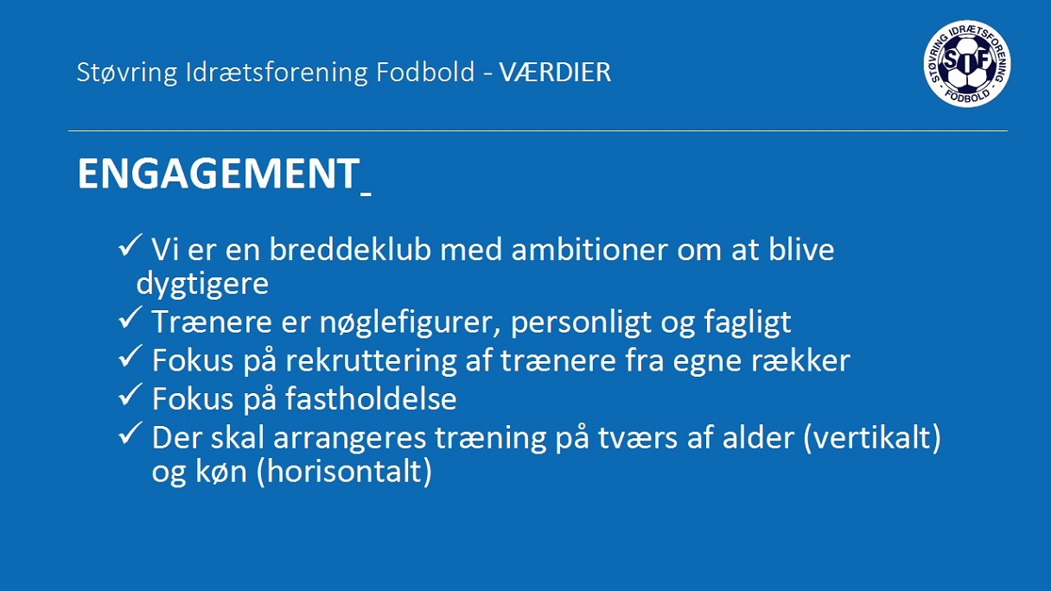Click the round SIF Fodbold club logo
(x=967, y=63)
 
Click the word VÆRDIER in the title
(x=555, y=73)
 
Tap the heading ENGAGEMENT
(x=219, y=173)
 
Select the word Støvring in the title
(x=127, y=73)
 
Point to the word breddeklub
(x=350, y=249)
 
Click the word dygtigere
(x=202, y=284)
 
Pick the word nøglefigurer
(x=409, y=322)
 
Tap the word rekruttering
(x=371, y=361)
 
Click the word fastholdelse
(x=371, y=398)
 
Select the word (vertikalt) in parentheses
(x=872, y=437)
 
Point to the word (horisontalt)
(x=344, y=472)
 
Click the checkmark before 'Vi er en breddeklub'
(x=131, y=245)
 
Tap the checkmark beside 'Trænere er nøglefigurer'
(x=131, y=317)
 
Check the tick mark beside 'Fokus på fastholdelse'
(x=131, y=394)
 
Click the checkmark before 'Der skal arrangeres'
(x=131, y=433)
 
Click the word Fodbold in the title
(x=425, y=73)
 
